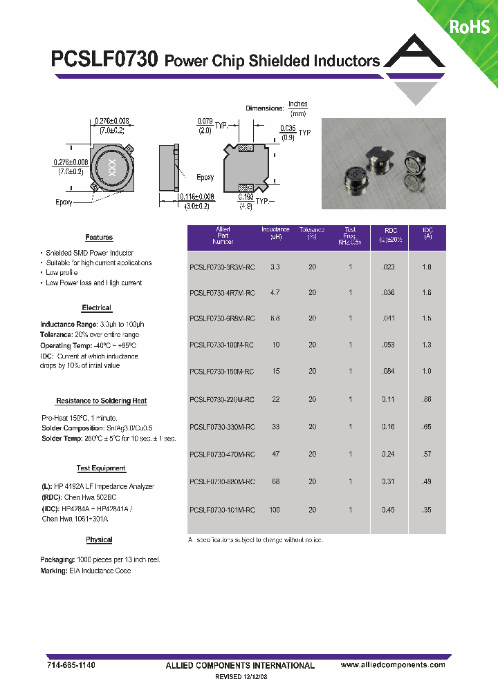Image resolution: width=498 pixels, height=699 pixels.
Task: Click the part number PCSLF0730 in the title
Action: point(105,59)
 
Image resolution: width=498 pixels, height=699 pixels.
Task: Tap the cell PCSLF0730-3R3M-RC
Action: point(222,266)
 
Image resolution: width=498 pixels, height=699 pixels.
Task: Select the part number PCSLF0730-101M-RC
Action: point(222,510)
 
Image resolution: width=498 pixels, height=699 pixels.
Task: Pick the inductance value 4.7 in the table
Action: point(275,293)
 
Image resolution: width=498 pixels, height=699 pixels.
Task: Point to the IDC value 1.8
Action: point(427,266)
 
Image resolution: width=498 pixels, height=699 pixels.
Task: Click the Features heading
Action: point(99,238)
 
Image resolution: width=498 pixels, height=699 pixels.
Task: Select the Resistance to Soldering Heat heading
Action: point(101,401)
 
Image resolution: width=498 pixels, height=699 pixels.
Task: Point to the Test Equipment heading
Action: point(101,468)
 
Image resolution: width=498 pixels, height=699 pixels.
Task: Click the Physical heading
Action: point(99,539)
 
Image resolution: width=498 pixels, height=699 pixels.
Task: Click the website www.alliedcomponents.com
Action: point(393,664)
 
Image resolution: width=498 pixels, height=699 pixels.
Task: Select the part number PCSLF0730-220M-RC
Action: point(222,400)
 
